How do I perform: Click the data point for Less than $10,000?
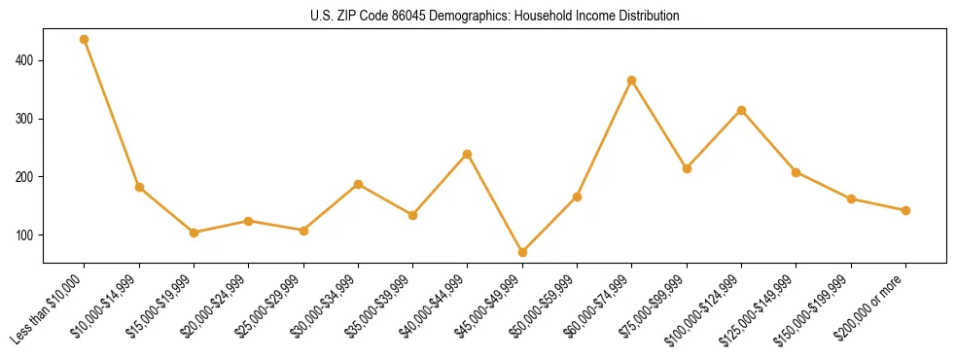tap(85, 40)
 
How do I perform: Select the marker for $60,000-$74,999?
tap(632, 81)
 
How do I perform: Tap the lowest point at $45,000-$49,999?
tap(522, 253)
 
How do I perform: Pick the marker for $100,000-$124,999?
tap(742, 111)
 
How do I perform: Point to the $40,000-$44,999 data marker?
tap(468, 154)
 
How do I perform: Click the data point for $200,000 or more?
tap(905, 210)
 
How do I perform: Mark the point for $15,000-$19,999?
tap(195, 233)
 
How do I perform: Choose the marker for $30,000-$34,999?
tap(358, 184)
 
